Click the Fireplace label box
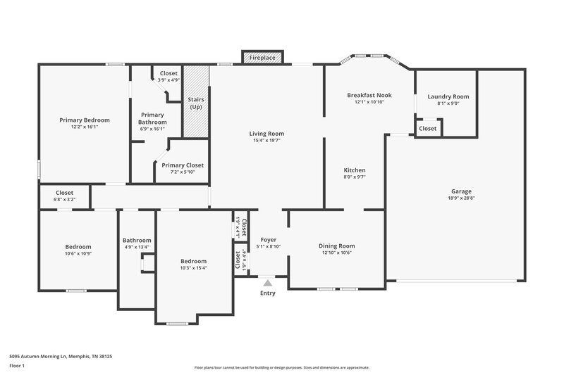coord(263,58)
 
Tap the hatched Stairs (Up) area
coord(197,102)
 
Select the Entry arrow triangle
coord(268,283)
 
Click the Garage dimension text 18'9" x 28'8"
coord(462,199)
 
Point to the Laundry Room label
coord(448,96)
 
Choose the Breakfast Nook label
coord(369,95)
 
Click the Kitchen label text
coord(354,170)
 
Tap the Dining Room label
coord(338,246)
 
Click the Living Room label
coord(266,133)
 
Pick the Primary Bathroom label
coord(152,118)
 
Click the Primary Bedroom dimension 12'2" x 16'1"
coord(83,127)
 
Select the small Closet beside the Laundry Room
coord(427,129)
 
